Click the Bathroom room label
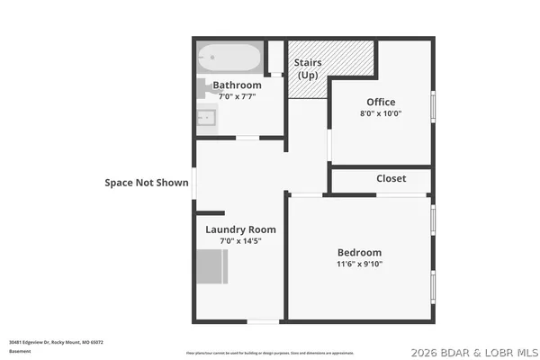(237, 85)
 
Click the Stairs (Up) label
(309, 68)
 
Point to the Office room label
(381, 102)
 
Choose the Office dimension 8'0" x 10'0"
(381, 113)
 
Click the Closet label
(391, 178)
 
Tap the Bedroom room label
(359, 252)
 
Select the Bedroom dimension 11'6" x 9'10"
(359, 265)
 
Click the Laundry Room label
(240, 229)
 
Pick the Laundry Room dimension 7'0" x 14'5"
(240, 241)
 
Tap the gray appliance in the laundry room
(212, 267)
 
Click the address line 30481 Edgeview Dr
(56, 342)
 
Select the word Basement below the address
(20, 352)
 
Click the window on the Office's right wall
(433, 106)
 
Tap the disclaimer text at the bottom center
(270, 352)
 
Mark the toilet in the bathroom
(202, 88)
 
